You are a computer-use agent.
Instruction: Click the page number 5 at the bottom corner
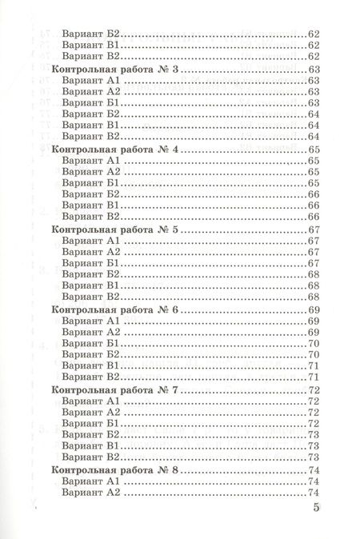click(314, 509)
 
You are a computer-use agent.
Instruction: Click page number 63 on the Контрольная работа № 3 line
click(313, 71)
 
